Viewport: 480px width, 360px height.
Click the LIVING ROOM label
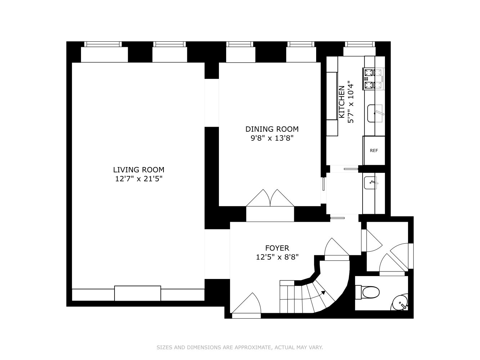[x=139, y=170]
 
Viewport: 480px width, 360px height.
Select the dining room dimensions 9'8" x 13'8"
[x=272, y=138]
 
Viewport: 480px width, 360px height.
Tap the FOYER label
[x=277, y=248]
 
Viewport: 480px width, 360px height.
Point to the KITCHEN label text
[x=342, y=102]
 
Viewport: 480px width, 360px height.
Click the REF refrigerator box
[x=374, y=150]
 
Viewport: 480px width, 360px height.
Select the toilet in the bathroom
[x=369, y=292]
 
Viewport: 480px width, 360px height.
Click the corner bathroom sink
[x=401, y=302]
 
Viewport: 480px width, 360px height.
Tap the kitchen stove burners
[x=373, y=79]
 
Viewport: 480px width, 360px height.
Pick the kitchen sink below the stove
[x=374, y=113]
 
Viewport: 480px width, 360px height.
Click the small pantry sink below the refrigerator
[x=371, y=183]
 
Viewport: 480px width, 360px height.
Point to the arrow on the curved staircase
[x=323, y=292]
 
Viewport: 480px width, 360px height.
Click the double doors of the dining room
[x=270, y=198]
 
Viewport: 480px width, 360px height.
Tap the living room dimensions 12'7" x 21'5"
[x=139, y=179]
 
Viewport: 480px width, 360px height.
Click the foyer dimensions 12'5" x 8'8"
[x=277, y=257]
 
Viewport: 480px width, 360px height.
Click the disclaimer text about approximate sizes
[x=239, y=347]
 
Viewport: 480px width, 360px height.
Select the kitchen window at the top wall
[x=360, y=44]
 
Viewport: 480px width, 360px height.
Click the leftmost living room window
[x=103, y=44]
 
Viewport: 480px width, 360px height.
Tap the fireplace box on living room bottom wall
[x=138, y=293]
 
